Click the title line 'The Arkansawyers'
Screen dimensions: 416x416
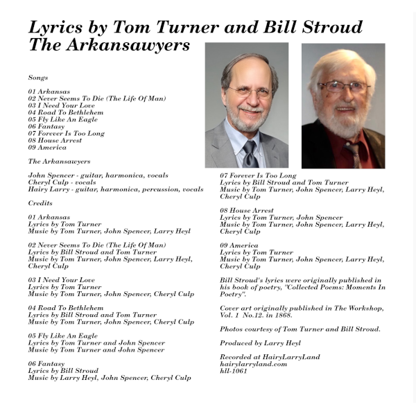point(109,46)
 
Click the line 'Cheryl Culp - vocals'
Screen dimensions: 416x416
point(63,182)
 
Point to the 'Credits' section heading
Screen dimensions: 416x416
point(40,203)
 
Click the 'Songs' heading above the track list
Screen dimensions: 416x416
point(38,78)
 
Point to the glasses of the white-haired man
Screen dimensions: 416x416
point(343,87)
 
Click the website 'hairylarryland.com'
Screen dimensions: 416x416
point(253,364)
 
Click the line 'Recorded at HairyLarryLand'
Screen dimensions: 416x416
point(270,357)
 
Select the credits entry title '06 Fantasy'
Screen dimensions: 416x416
point(46,364)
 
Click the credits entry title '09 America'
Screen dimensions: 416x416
point(239,245)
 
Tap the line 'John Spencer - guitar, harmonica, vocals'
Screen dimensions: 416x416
point(98,175)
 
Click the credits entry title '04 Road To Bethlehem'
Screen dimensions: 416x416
point(66,308)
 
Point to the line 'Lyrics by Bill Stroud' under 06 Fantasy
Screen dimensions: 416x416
point(63,371)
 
